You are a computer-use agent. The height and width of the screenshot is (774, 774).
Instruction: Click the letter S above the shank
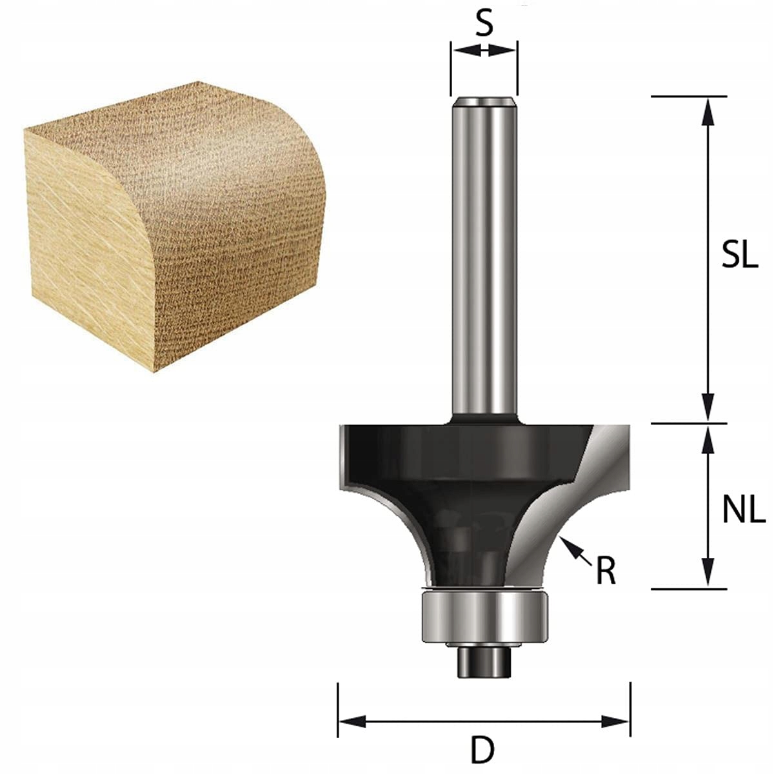coord(484,24)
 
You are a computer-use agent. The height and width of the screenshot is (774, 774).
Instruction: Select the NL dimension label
coord(743,511)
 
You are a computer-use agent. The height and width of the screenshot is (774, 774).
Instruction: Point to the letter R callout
coord(606,570)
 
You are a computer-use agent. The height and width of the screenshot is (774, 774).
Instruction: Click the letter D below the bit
coord(482,750)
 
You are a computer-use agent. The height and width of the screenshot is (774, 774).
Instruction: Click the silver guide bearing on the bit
coord(484,616)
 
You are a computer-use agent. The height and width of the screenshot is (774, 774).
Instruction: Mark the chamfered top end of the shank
coord(484,102)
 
